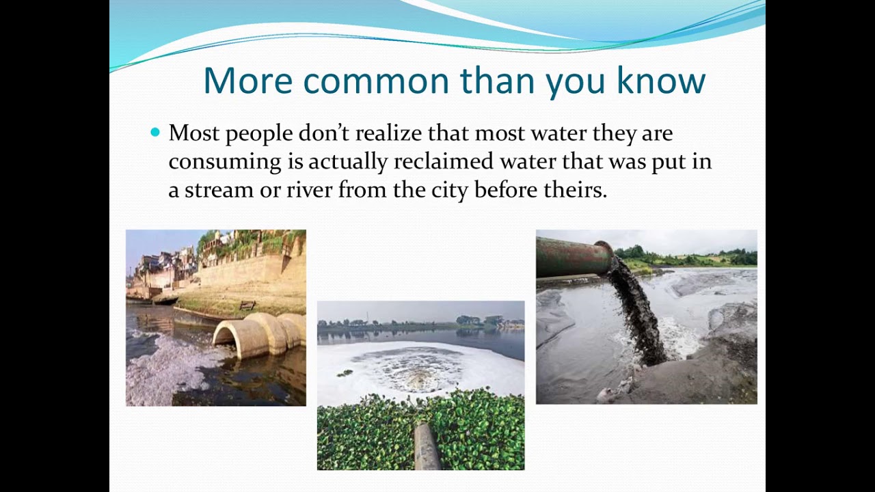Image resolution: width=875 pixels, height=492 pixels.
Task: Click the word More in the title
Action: point(247,81)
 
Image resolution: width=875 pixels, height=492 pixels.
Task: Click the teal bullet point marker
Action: point(154,132)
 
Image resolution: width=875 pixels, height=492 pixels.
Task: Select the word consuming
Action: point(225,162)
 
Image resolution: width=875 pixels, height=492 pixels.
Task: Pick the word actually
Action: point(347,162)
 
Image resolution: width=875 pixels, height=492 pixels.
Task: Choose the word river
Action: point(309,190)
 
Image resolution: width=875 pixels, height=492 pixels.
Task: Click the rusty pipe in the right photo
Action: point(573,258)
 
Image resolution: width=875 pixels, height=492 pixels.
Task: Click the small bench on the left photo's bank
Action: point(247,305)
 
